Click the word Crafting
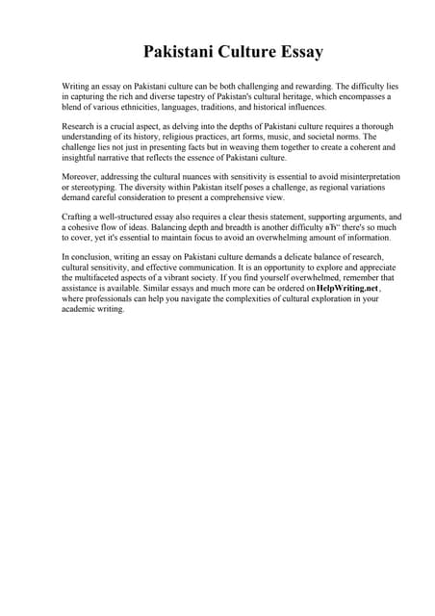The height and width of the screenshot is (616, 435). click(x=78, y=218)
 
